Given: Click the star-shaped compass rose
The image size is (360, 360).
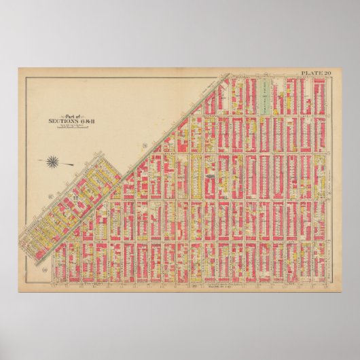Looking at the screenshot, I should [52, 161].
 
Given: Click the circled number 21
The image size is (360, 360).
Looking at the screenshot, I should [145, 147].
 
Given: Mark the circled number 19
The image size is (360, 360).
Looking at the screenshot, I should [27, 270].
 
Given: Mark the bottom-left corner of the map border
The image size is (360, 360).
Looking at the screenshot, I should [25, 284].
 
